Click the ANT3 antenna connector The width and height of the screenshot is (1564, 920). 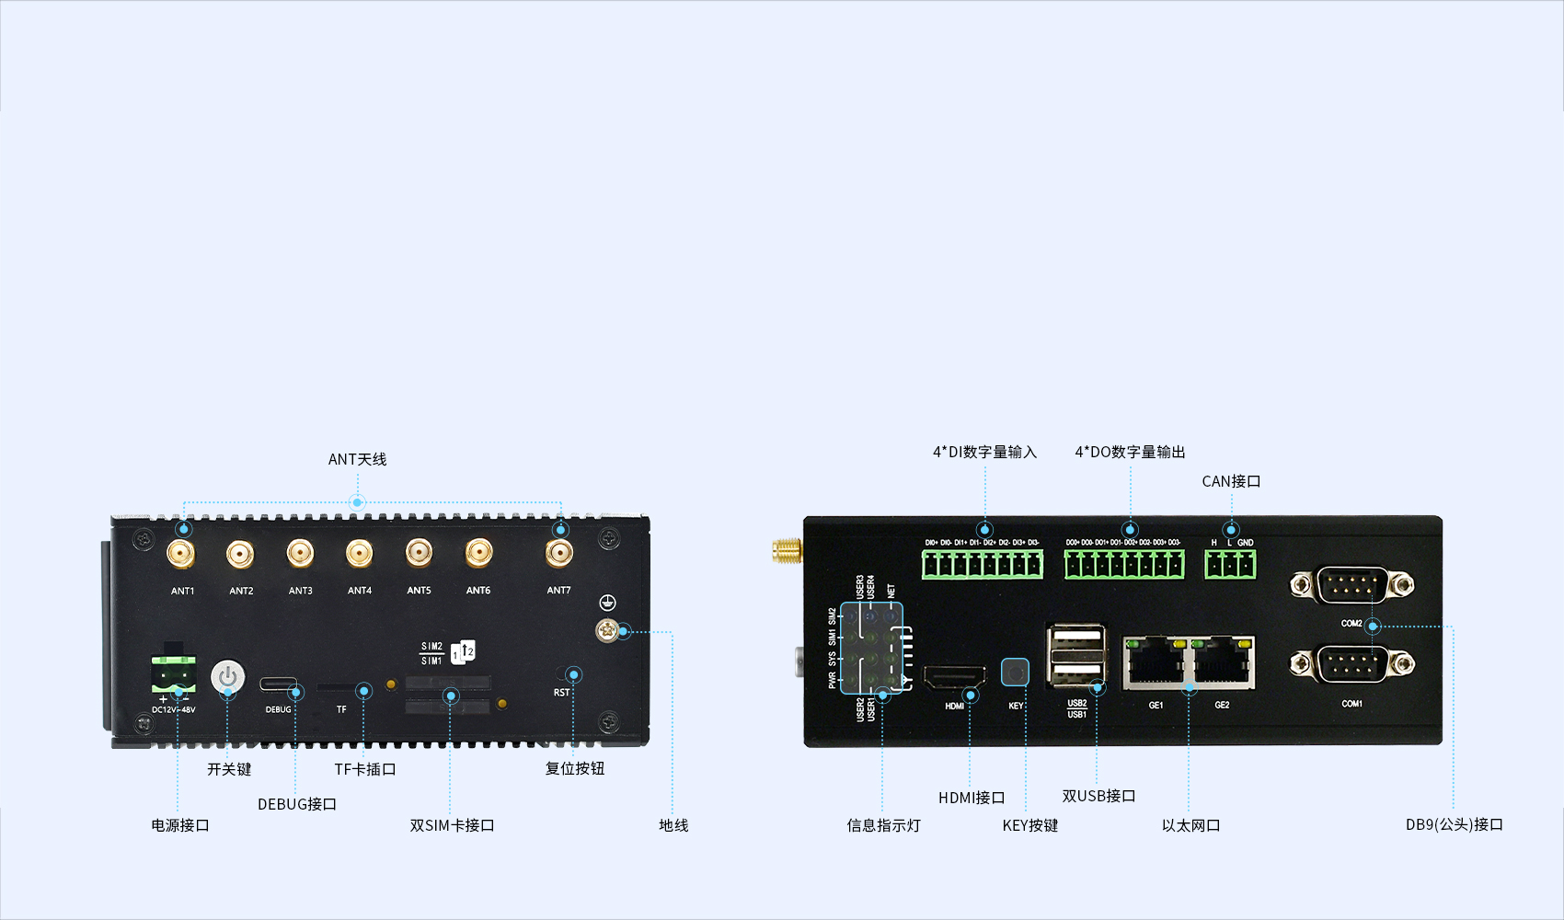[300, 554]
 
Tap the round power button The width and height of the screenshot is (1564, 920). [228, 677]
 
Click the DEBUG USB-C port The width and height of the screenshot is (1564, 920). [278, 685]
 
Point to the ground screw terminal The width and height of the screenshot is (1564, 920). [606, 630]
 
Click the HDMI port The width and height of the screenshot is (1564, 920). [954, 678]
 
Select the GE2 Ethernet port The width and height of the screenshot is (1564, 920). [1223, 662]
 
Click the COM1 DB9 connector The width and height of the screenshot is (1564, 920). [1351, 664]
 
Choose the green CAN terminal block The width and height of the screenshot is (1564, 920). [1230, 564]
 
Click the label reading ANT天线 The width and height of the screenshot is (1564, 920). [357, 459]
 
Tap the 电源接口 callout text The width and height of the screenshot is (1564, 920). [180, 825]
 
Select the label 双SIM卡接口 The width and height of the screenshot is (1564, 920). [452, 825]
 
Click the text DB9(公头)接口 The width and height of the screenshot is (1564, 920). [1454, 824]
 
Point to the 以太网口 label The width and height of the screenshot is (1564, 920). [1190, 825]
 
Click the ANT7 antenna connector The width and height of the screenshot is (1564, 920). [558, 554]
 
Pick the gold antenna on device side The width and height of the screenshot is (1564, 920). [787, 551]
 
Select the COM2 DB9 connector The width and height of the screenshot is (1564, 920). [1351, 584]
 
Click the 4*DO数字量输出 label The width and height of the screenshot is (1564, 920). [1130, 452]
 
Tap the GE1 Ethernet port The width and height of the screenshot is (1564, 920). [1155, 662]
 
